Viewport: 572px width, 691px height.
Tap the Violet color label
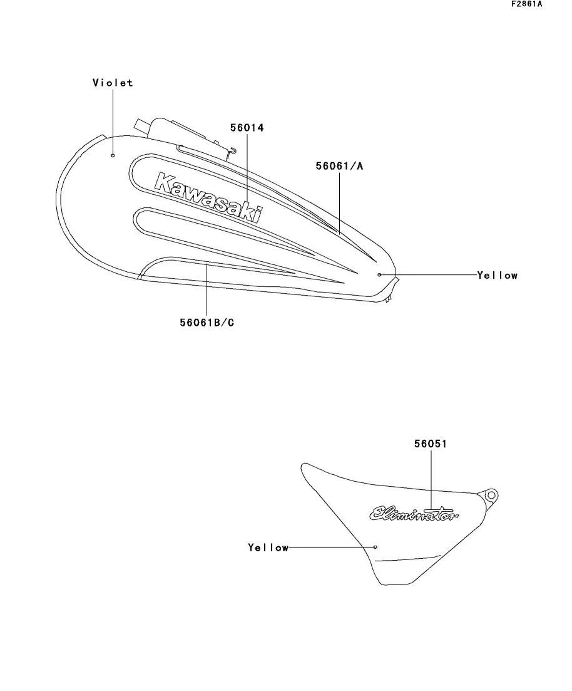click(x=113, y=83)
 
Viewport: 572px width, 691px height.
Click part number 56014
click(x=247, y=128)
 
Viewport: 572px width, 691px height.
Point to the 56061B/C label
click(x=206, y=323)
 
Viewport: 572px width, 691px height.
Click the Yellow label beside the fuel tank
click(x=497, y=275)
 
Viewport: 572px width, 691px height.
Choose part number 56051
click(x=431, y=444)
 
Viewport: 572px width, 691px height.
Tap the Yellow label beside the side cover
click(x=268, y=548)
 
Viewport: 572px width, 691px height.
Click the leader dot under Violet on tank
click(x=113, y=155)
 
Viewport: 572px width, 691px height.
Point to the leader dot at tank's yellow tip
click(x=379, y=274)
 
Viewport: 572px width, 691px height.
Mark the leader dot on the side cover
click(x=375, y=547)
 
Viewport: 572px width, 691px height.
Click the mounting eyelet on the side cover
click(x=491, y=495)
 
